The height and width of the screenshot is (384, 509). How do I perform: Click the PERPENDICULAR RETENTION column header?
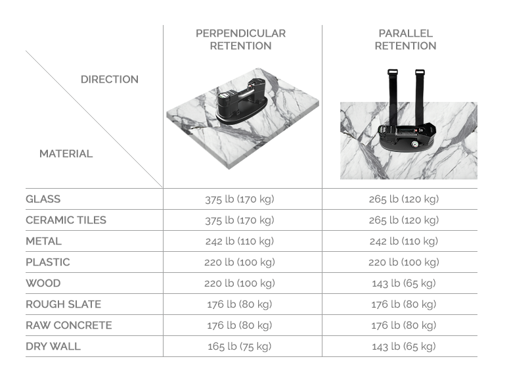[x=240, y=39]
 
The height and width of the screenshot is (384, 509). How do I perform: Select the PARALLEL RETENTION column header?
[x=405, y=39]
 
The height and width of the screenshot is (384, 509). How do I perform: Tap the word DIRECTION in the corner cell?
[x=110, y=80]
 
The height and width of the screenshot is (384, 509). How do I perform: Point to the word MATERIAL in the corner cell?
[x=66, y=154]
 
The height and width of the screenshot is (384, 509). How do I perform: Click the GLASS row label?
[x=43, y=199]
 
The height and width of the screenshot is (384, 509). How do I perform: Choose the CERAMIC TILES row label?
[x=66, y=220]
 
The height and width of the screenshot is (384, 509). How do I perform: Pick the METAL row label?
[x=43, y=241]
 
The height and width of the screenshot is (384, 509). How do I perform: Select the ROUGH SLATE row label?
[x=63, y=304]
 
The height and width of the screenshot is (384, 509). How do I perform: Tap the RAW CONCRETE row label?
[x=69, y=325]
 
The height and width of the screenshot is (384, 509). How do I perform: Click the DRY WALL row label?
[x=53, y=347]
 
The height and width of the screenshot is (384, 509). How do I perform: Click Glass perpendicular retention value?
[x=240, y=199]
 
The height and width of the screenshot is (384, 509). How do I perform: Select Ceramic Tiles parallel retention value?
[x=404, y=220]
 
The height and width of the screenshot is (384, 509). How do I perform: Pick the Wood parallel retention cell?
[x=404, y=283]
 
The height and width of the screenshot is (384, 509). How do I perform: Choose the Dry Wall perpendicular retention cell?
[x=240, y=347]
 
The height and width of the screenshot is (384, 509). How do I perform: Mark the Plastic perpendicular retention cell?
[x=240, y=262]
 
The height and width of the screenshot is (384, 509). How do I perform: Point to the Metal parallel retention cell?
[x=404, y=241]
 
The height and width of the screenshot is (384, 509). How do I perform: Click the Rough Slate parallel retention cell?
[x=404, y=304]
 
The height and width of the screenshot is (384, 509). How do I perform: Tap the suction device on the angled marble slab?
[x=242, y=103]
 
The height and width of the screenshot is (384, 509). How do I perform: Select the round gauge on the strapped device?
[x=415, y=145]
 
